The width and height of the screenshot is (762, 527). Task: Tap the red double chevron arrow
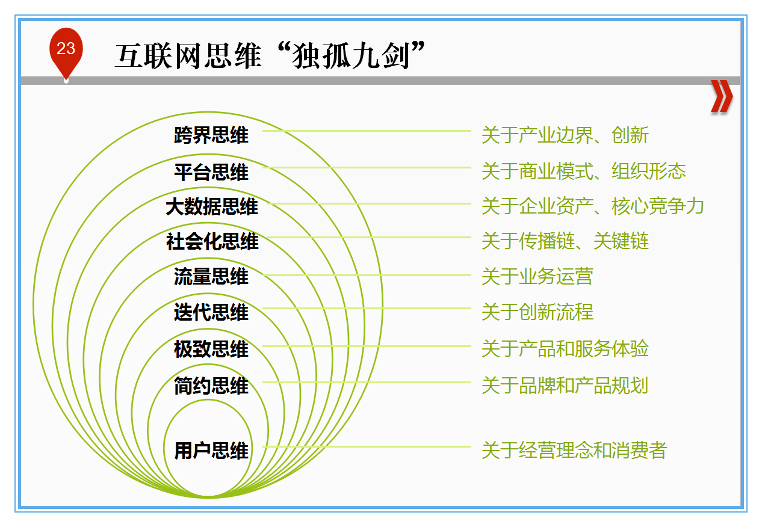722,96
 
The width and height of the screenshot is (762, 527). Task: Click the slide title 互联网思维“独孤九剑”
270,55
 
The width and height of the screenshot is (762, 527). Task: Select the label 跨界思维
211,135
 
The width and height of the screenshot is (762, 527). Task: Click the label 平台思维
211,172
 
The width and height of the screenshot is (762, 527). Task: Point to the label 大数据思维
212,206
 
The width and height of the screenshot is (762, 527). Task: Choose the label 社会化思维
212,241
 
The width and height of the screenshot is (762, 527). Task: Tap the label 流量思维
211,276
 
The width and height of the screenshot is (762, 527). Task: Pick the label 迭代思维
211,312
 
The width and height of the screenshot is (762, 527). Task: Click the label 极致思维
211,349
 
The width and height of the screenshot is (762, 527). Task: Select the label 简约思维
211,386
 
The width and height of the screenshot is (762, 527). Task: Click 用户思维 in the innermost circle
211,451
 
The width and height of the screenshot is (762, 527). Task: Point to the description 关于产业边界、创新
565,135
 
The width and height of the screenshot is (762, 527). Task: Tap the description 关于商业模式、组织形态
584,171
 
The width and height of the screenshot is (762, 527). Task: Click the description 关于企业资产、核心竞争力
593,206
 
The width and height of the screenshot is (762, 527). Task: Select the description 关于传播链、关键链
565,241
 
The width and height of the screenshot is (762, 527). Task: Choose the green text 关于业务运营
537,276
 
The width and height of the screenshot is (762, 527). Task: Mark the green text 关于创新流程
537,312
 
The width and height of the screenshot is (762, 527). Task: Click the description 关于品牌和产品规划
565,386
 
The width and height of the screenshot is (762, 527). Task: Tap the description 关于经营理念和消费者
575,450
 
